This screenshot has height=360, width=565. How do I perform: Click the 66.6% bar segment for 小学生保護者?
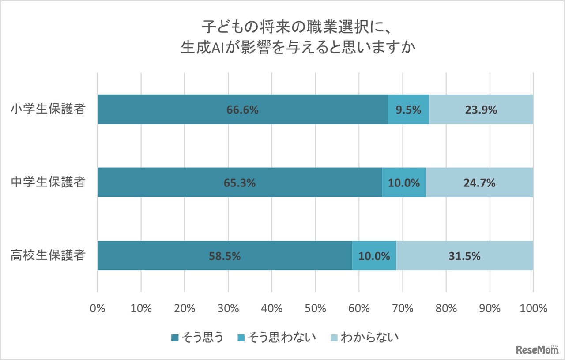coord(242,110)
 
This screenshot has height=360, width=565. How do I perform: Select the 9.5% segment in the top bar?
coord(408,110)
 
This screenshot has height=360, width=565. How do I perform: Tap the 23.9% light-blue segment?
coord(481,110)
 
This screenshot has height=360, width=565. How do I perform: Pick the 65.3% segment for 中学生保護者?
coord(240,182)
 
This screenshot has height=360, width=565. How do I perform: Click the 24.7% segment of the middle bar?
coord(479,182)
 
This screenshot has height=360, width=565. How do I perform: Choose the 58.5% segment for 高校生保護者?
coord(225,256)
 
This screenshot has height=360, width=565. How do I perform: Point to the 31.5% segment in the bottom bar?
coord(464,256)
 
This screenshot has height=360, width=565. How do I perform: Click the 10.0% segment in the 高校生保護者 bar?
coord(374,256)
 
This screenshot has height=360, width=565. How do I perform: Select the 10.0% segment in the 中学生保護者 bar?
coord(404,182)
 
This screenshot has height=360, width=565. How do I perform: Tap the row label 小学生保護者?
coord(48,110)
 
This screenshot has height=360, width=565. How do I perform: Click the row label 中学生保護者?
coord(48,182)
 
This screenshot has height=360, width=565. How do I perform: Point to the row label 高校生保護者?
coord(48,256)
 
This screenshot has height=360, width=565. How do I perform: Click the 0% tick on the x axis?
coord(98,308)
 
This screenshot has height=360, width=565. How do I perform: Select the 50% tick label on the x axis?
coord(315,308)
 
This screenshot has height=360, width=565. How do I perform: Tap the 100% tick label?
coord(533,308)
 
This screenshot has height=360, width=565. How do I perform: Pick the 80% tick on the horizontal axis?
coord(446,308)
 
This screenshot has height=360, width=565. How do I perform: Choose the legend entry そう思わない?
coord(276,338)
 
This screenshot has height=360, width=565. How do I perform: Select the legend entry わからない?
coord(365,338)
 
